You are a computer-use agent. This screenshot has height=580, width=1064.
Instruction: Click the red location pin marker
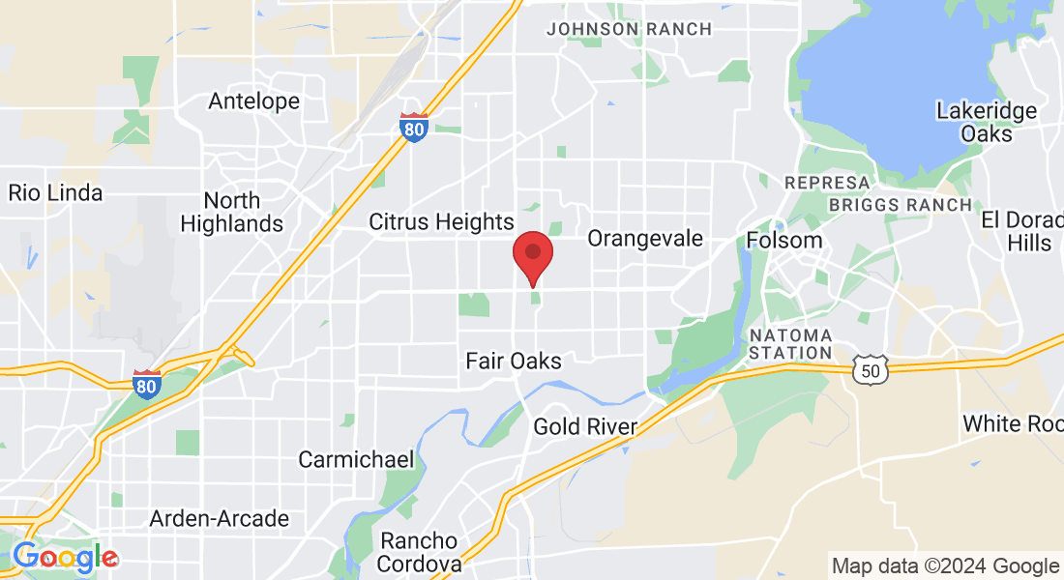click(x=532, y=254)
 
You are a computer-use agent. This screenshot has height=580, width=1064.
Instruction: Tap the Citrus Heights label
click(x=441, y=221)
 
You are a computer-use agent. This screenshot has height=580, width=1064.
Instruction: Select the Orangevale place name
click(x=645, y=238)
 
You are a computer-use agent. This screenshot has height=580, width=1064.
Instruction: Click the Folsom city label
click(x=784, y=240)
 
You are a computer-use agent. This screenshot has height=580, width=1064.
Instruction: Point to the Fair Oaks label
click(x=514, y=361)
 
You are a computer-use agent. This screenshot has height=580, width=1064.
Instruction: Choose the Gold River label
click(x=585, y=426)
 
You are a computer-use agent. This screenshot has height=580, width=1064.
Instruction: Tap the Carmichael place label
click(x=356, y=459)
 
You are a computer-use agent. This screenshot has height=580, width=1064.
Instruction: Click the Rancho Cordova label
click(x=420, y=551)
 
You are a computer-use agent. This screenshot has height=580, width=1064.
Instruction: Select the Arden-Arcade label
click(x=219, y=519)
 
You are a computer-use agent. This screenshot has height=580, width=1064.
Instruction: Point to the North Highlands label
click(x=232, y=213)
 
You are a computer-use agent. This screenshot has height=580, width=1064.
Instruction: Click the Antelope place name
click(x=254, y=101)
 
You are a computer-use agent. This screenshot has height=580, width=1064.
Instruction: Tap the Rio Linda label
click(x=55, y=192)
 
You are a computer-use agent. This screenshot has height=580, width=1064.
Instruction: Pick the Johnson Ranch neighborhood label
click(x=629, y=29)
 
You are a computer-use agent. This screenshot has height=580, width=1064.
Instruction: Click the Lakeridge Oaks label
click(x=987, y=122)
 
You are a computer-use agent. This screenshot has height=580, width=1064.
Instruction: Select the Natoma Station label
click(x=790, y=344)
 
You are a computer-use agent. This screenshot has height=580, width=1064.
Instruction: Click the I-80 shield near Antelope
click(x=414, y=127)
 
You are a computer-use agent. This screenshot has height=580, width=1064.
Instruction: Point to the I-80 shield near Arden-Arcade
click(x=147, y=384)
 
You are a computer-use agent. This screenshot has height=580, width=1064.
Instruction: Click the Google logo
click(x=65, y=558)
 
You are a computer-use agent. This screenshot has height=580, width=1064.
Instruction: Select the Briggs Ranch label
click(x=901, y=205)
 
